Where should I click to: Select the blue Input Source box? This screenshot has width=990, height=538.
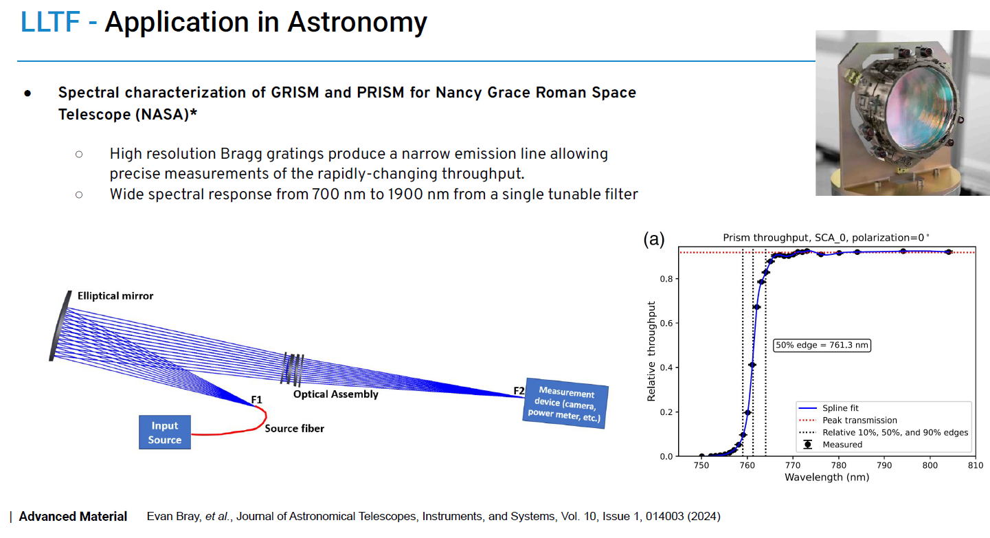click(x=165, y=433)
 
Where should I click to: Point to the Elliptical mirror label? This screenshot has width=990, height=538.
click(x=115, y=296)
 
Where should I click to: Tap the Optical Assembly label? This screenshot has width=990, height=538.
click(x=335, y=394)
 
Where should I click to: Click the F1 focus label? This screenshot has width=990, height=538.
click(x=256, y=399)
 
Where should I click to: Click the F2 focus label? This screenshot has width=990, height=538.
click(x=519, y=392)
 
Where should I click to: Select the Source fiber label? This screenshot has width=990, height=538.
click(x=294, y=428)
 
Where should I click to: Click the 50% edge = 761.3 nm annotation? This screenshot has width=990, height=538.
click(x=822, y=346)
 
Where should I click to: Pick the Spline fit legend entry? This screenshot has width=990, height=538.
click(x=840, y=408)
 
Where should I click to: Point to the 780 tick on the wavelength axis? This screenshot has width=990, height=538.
click(x=838, y=466)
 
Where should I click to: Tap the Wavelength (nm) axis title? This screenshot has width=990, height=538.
click(x=826, y=477)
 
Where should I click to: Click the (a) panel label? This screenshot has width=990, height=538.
click(x=653, y=239)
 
